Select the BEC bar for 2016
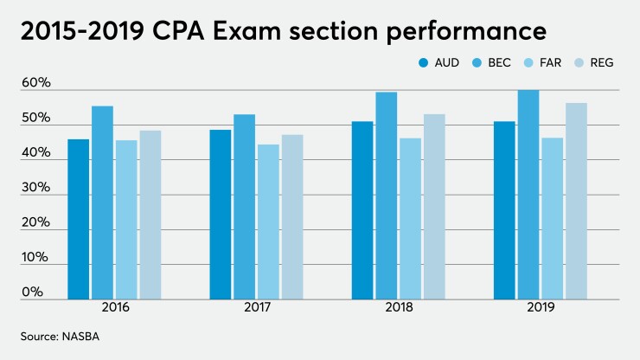coord(102,202)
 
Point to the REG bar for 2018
coord(434,207)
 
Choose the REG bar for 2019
coord(576,201)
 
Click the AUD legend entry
coord(442,63)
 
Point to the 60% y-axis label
coord(37,83)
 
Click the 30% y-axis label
coord(37,188)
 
